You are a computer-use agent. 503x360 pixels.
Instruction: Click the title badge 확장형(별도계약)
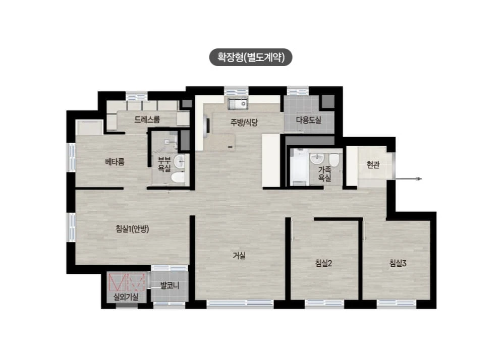click(251, 57)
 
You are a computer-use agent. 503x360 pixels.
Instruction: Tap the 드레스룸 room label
click(147, 119)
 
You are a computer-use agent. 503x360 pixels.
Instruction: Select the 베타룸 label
click(115, 162)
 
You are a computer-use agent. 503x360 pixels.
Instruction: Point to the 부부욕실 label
click(164, 164)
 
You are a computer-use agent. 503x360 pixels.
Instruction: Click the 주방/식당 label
click(244, 122)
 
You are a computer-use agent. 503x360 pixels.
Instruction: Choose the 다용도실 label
click(309, 120)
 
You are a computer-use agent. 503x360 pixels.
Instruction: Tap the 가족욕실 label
click(324, 174)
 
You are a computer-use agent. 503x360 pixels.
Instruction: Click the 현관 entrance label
click(373, 165)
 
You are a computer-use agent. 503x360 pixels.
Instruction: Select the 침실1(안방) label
click(132, 229)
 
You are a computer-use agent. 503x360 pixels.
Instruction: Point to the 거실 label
click(239, 256)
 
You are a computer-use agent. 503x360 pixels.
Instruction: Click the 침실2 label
click(324, 264)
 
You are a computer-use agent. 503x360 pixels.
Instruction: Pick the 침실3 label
click(398, 264)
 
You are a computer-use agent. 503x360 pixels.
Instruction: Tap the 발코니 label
click(170, 285)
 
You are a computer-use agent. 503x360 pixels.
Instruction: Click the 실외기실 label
click(126, 297)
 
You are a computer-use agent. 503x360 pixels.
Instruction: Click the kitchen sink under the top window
click(238, 103)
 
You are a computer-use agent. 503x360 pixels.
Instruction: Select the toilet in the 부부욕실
click(178, 177)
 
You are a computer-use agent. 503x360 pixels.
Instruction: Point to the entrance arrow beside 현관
click(408, 179)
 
